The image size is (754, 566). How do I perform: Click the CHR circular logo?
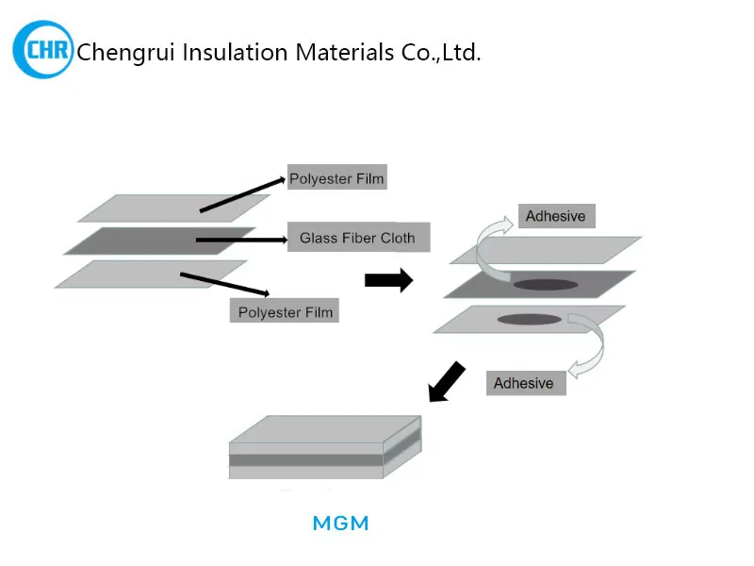tap(42, 48)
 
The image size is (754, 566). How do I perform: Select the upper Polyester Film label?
tap(336, 178)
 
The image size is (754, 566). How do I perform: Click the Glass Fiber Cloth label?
tap(357, 238)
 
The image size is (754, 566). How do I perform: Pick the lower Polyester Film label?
tap(285, 312)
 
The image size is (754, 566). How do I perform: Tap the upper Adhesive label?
tap(555, 216)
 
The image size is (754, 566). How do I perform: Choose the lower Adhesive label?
tap(524, 383)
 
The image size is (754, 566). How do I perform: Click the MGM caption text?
tap(340, 523)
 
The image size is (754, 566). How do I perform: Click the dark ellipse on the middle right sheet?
tap(547, 284)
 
